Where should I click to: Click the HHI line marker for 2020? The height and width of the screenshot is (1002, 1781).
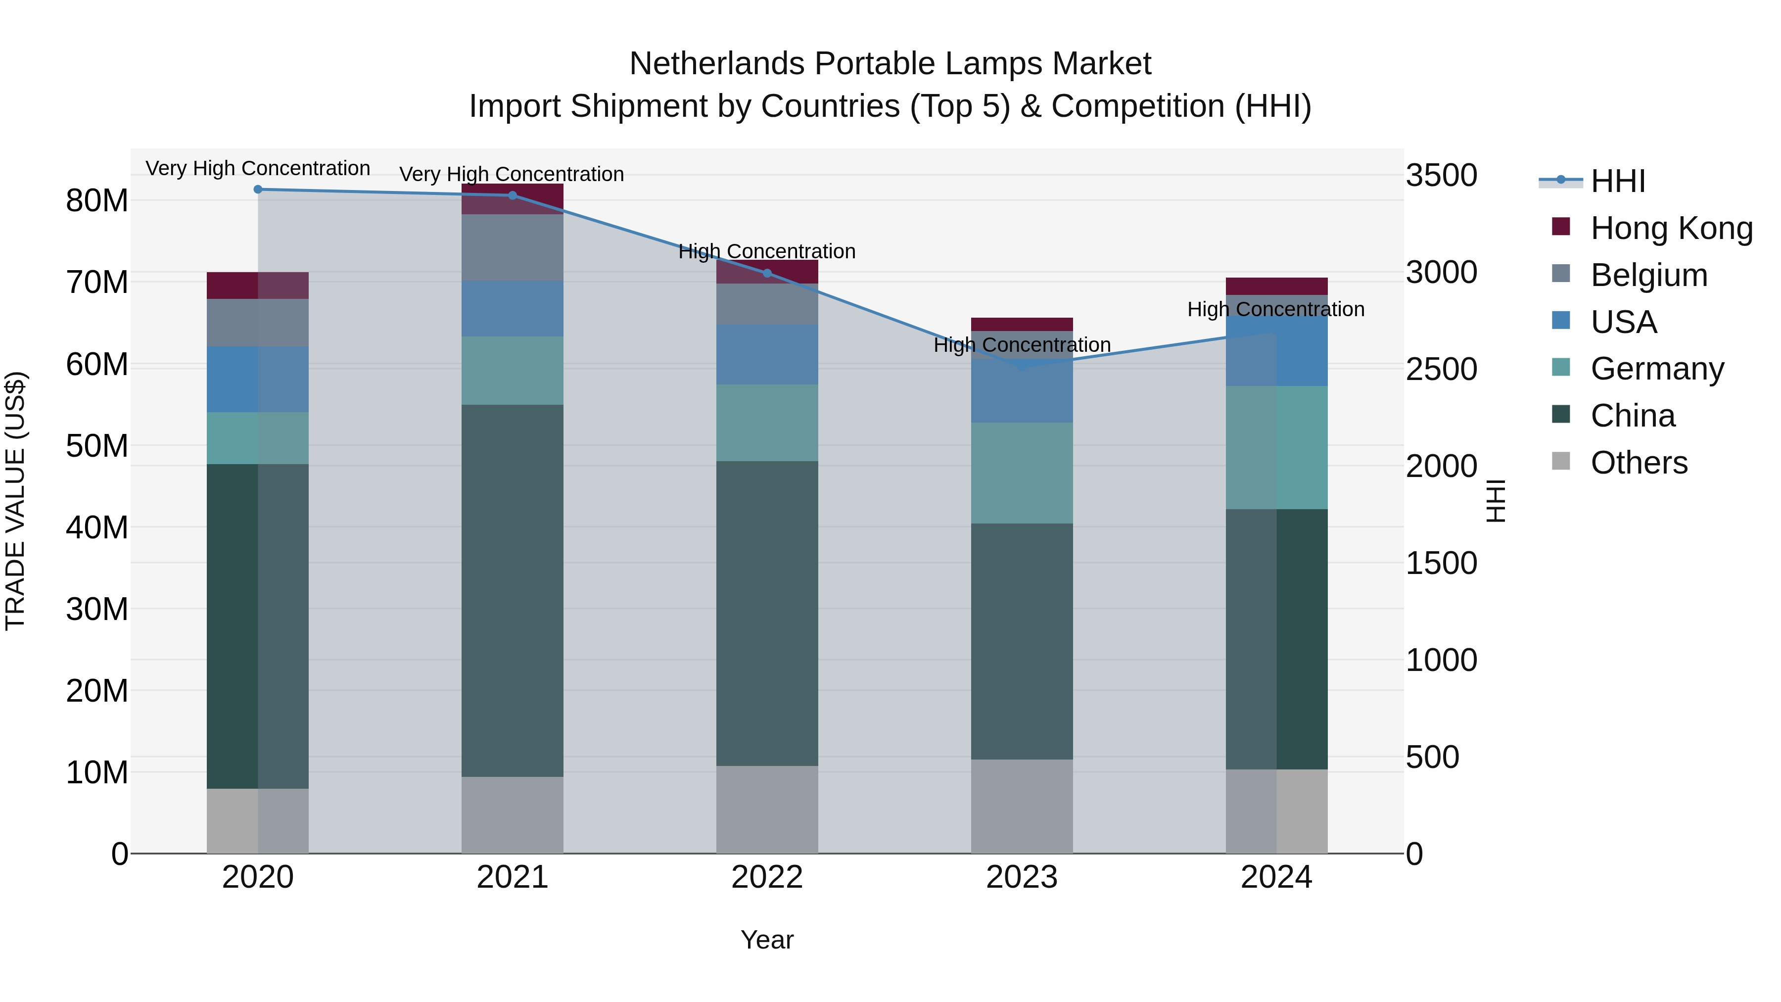[258, 190]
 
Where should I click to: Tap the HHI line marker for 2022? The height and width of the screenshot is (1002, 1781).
[767, 273]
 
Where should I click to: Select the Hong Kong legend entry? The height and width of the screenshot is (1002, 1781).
[1671, 228]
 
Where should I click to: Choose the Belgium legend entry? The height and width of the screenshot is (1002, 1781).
[1648, 275]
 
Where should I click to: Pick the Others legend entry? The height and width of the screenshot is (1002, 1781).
[1639, 463]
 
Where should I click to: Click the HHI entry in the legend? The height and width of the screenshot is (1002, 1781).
[1617, 181]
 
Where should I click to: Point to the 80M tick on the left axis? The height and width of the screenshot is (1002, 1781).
[97, 201]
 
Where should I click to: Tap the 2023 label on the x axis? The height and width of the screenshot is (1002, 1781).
[1021, 877]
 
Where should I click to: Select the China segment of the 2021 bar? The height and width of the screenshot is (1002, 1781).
[513, 590]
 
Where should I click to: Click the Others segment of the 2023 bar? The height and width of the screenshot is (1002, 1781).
[1021, 807]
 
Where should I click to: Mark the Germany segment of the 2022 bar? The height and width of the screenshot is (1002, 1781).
[767, 423]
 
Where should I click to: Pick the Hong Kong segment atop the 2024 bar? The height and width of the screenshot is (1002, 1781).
[1276, 286]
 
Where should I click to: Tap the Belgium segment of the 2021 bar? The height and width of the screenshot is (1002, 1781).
[513, 247]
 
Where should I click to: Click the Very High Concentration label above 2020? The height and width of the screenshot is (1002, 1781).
[258, 169]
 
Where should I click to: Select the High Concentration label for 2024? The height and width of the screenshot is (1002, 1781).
[1275, 309]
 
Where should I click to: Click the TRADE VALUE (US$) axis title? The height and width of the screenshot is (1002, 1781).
[15, 501]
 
